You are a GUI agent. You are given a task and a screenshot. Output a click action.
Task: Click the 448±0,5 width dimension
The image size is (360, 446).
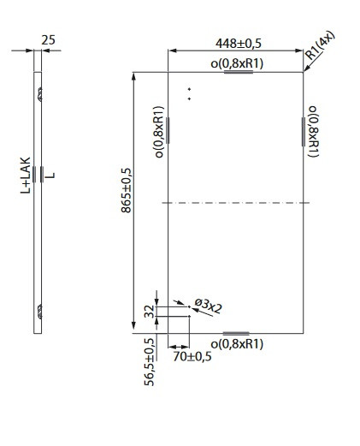pyautogui.click(x=239, y=44)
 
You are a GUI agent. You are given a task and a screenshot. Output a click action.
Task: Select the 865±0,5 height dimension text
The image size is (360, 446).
pyautogui.click(x=127, y=190)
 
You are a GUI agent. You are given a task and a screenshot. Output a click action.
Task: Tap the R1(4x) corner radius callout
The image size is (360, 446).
pyautogui.click(x=320, y=45)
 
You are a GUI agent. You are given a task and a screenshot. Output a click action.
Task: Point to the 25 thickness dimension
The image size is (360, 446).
pyautogui.click(x=48, y=40)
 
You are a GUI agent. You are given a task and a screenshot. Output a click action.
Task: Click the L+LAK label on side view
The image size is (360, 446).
pyautogui.click(x=26, y=175)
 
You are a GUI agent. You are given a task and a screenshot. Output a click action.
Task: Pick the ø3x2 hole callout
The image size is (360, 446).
pyautogui.click(x=208, y=306)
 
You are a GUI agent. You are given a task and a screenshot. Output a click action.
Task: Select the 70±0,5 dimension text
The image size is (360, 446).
pyautogui.click(x=192, y=357)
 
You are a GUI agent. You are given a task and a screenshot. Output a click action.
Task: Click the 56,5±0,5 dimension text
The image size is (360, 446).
pyautogui.click(x=150, y=362)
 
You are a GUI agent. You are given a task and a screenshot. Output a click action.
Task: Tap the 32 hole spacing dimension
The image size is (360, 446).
pyautogui.click(x=150, y=312)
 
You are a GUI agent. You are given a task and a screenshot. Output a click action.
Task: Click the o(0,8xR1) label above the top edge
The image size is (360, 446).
pyautogui.click(x=237, y=63)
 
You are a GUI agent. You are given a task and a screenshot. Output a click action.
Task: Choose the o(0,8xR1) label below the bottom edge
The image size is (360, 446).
pyautogui.click(x=237, y=344)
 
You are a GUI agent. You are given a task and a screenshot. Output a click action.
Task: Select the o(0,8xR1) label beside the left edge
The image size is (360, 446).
pyautogui.click(x=159, y=132)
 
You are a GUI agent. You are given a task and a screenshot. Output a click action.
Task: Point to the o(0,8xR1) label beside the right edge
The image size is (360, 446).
pyautogui.click(x=313, y=131)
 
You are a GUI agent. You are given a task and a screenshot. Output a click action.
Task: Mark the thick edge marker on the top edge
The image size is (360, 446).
pyautogui.click(x=239, y=72)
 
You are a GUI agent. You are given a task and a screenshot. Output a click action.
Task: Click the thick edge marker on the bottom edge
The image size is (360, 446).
pyautogui.click(x=236, y=333)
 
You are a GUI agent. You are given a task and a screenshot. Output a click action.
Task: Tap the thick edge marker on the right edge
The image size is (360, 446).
pyautogui.click(x=304, y=132)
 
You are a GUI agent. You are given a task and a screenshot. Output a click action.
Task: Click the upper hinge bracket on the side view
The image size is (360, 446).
pyautogui.click(x=40, y=94)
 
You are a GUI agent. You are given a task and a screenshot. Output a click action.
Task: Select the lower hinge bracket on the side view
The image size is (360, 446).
pyautogui.click(x=40, y=312)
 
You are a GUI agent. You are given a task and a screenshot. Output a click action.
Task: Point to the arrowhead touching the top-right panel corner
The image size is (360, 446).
pyautogui.click(x=306, y=68)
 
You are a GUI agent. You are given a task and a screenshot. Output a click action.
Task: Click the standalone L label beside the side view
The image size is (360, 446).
pyautogui.click(x=50, y=175)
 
